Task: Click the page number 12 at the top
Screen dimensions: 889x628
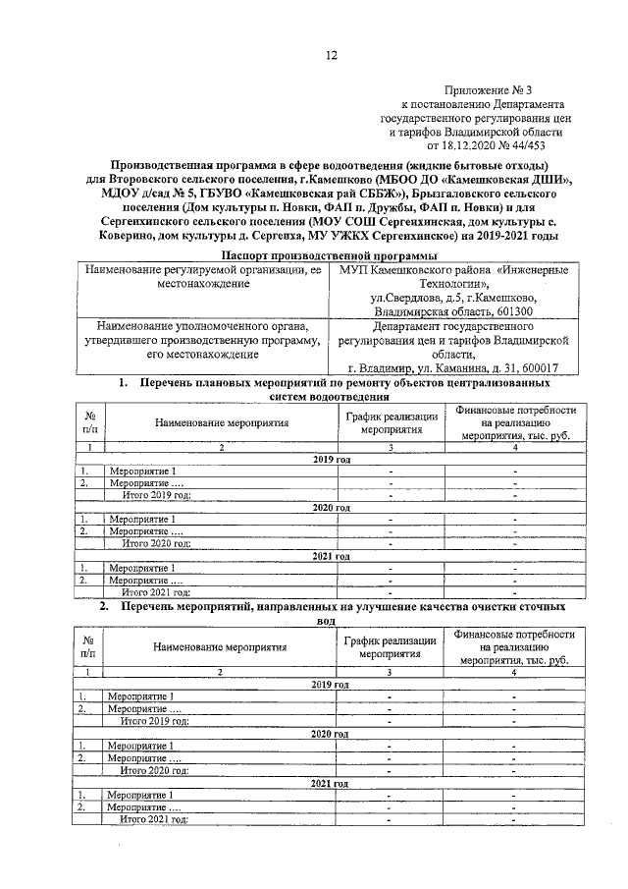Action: (332, 56)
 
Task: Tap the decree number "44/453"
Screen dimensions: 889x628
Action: (545, 143)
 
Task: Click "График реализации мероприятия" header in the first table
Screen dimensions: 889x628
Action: (391, 422)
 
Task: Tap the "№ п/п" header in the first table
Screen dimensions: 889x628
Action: (89, 422)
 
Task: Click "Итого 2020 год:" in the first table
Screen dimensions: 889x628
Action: (155, 541)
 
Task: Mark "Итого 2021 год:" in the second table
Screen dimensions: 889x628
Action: (153, 817)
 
